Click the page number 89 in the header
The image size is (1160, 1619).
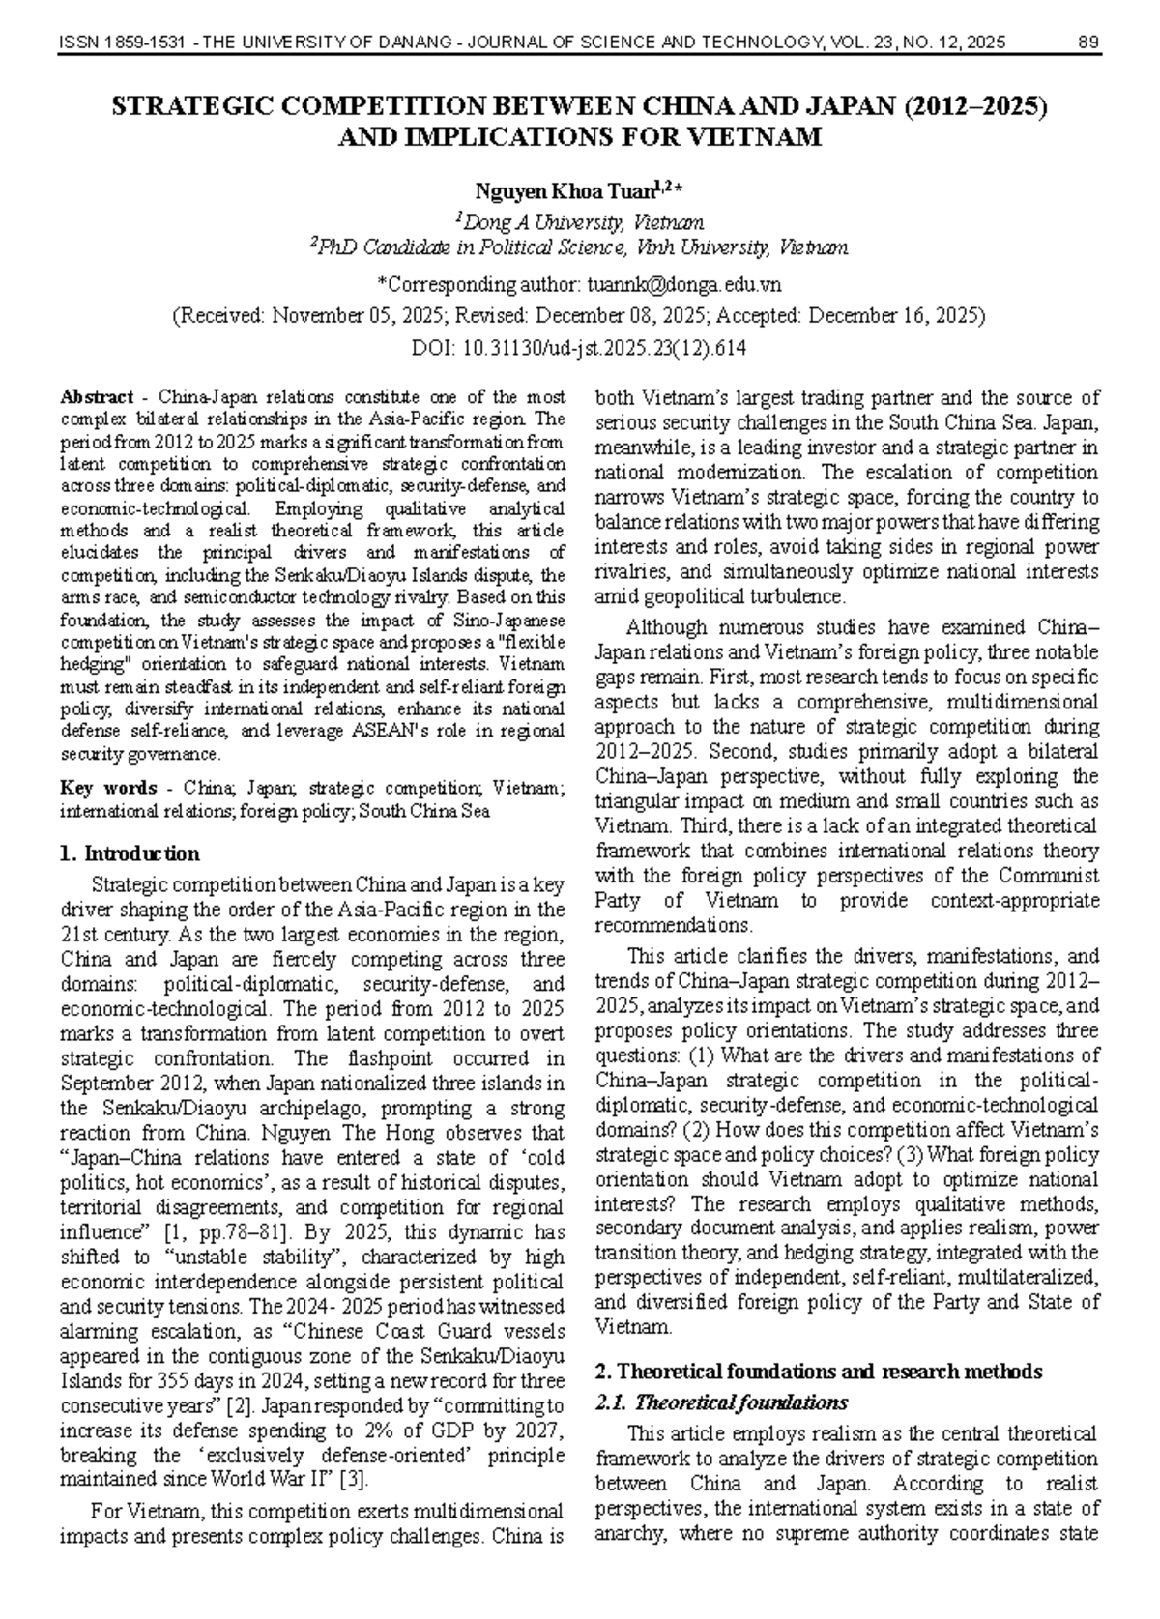point(1087,42)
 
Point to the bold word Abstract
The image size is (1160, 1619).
point(97,397)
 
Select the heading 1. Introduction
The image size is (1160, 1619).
point(130,853)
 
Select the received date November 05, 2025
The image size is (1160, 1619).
point(360,316)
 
